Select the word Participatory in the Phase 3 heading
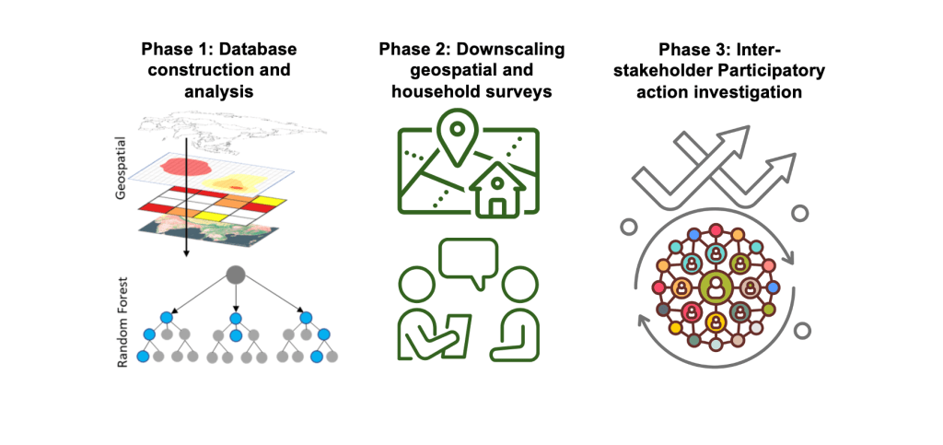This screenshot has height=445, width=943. [x=753, y=70]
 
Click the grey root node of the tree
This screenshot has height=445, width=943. [x=236, y=274]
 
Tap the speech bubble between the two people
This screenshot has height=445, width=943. [x=468, y=258]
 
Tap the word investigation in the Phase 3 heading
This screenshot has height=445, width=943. [x=747, y=92]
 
